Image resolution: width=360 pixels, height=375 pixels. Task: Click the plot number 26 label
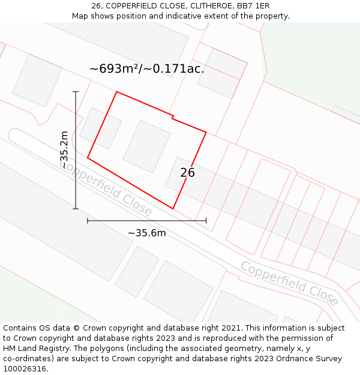pyautogui.click(x=188, y=173)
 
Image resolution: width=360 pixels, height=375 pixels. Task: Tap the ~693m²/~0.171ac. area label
pyautogui.click(x=147, y=69)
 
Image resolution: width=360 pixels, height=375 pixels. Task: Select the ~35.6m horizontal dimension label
pyautogui.click(x=146, y=233)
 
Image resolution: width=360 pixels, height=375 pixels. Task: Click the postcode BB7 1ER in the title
pyautogui.click(x=253, y=6)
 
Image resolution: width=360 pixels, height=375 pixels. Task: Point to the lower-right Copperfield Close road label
pyautogui.click(x=289, y=283)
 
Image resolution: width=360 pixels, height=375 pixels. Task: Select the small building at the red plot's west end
pyautogui.click(x=100, y=128)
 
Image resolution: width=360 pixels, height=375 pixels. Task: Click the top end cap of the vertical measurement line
pyautogui.click(x=76, y=92)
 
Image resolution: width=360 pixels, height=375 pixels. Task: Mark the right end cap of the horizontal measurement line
pyautogui.click(x=206, y=221)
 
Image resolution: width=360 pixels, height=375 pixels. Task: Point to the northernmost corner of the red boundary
pyautogui.click(x=116, y=92)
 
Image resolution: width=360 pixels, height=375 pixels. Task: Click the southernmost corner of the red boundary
pyautogui.click(x=173, y=209)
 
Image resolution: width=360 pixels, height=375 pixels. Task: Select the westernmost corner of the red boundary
pyautogui.click(x=88, y=158)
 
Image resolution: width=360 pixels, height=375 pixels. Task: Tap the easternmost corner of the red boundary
pyautogui.click(x=206, y=133)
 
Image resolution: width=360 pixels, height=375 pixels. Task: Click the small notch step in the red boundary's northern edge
pyautogui.click(x=173, y=116)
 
